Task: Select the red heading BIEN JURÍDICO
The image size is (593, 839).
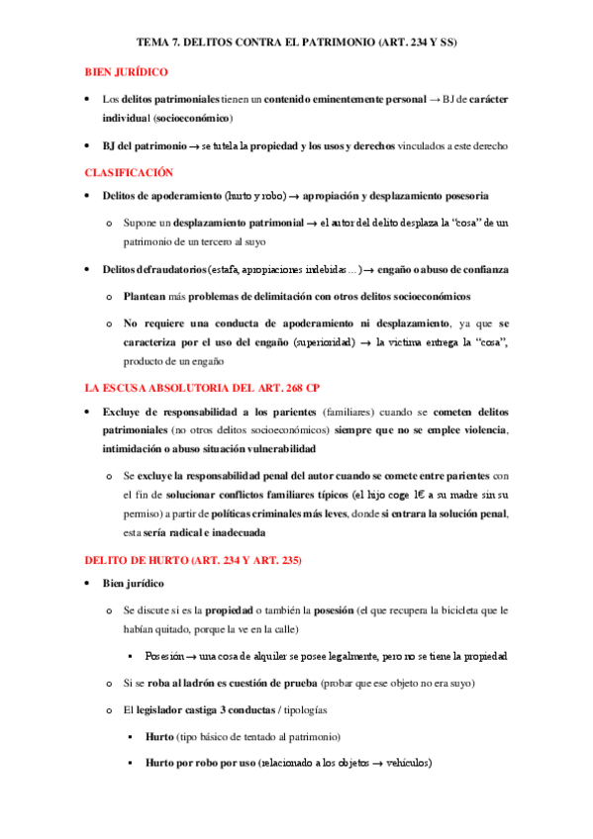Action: [126, 72]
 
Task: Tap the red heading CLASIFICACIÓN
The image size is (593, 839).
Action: [129, 171]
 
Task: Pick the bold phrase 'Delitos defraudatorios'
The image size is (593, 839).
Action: [148, 270]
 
